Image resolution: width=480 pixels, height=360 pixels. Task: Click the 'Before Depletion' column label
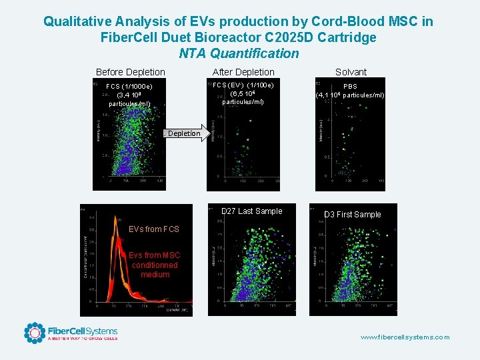pos(131,72)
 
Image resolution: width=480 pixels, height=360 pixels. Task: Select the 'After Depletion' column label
pos(243,72)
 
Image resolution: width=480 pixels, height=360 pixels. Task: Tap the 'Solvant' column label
pos(351,72)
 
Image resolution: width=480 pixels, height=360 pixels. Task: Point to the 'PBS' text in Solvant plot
pos(350,87)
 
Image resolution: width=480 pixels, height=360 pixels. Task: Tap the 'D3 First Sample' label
pos(352,215)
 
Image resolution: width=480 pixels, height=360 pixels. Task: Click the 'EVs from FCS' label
pos(154,229)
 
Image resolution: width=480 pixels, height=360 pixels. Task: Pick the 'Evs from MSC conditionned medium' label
pos(155,265)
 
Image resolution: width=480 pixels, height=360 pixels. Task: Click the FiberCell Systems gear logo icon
pos(35,333)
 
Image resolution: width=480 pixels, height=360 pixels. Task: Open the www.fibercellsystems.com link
pos(405,337)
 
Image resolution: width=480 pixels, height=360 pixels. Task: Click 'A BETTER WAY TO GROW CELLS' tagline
pos(82,339)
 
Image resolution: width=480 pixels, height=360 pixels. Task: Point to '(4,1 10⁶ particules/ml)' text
pos(350,95)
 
